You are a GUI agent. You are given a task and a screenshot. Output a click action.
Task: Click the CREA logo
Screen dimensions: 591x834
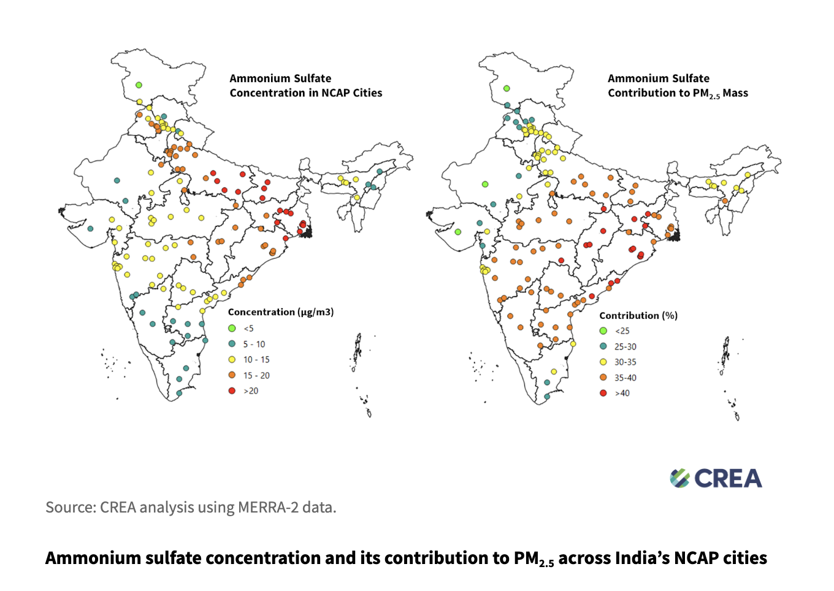pyautogui.click(x=716, y=478)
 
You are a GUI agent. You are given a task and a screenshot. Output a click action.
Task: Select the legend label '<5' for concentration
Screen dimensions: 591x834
pyautogui.click(x=248, y=329)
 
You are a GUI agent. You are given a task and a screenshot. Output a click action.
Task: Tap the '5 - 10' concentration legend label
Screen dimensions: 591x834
pyautogui.click(x=254, y=345)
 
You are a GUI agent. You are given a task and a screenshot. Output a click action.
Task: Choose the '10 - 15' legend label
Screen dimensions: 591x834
pyautogui.click(x=256, y=360)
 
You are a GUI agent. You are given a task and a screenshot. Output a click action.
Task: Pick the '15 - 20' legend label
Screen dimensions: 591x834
pyautogui.click(x=256, y=376)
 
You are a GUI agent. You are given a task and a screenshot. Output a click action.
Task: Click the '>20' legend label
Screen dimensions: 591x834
pyautogui.click(x=251, y=391)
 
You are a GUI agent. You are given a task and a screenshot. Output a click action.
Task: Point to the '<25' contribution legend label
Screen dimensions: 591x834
pyautogui.click(x=622, y=331)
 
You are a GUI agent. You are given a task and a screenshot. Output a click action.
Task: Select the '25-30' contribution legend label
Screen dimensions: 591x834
pyautogui.click(x=625, y=347)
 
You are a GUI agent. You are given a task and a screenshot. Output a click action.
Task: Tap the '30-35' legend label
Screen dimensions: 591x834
pyautogui.click(x=625, y=362)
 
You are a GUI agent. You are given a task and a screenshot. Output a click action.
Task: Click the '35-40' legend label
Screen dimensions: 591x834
pyautogui.click(x=625, y=378)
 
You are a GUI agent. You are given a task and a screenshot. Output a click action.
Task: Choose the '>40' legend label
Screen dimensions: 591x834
pyautogui.click(x=622, y=394)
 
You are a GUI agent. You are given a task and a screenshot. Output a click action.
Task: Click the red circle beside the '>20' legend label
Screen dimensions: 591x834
pyautogui.click(x=232, y=391)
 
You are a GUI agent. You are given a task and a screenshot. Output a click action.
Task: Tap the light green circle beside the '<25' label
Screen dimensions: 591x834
pyautogui.click(x=603, y=331)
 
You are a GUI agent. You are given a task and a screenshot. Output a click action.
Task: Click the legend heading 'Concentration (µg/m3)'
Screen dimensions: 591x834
pyautogui.click(x=281, y=312)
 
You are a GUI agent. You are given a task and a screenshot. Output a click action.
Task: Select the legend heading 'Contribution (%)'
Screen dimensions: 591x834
pyautogui.click(x=638, y=316)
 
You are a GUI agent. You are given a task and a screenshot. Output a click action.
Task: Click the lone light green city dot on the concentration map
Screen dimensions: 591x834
pyautogui.click(x=139, y=85)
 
